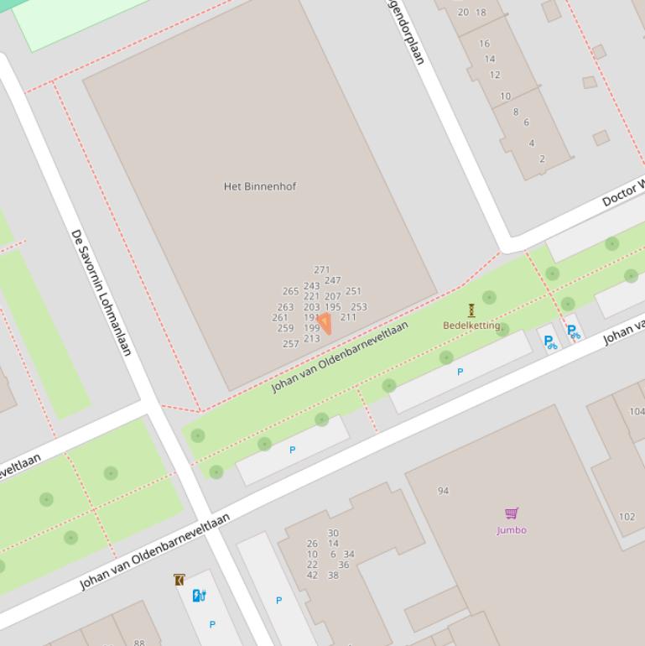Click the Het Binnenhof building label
point(259,186)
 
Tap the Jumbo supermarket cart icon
point(512,513)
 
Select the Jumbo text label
point(512,530)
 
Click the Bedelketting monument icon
point(471,310)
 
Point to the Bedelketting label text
point(471,326)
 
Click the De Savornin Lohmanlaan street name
point(101,292)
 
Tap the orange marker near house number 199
point(325,321)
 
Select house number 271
point(322,270)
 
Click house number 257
point(291,344)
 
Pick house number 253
point(359,307)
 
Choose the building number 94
point(443,491)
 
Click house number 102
point(627,517)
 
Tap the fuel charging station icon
point(199,596)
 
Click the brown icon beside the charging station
point(179,580)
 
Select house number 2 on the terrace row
point(542,159)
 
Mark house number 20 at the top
point(463,13)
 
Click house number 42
point(312,576)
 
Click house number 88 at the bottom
point(139,643)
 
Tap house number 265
point(290,292)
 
